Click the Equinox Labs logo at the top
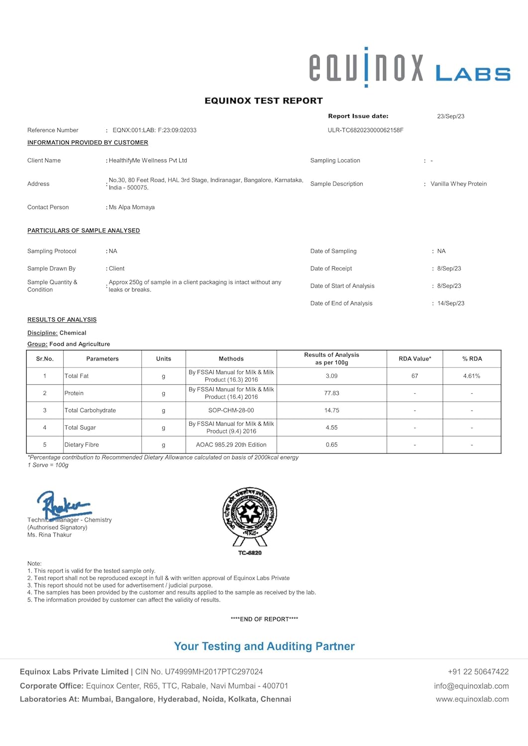click(409, 68)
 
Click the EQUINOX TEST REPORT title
click(264, 100)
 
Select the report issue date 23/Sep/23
click(450, 116)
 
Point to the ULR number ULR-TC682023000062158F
click(365, 130)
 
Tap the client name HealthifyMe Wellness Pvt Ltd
click(148, 161)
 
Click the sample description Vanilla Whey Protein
click(458, 184)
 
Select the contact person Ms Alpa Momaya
click(132, 207)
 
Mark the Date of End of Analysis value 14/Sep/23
click(450, 303)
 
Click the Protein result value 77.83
click(331, 393)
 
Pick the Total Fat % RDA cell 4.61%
click(471, 376)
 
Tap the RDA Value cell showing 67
click(415, 376)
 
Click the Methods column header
click(231, 359)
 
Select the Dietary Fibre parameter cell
click(82, 445)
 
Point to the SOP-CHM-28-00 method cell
click(231, 410)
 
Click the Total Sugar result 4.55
click(331, 428)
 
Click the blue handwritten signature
click(63, 505)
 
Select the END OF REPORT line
click(264, 619)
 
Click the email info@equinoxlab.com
click(471, 686)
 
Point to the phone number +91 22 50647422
click(478, 672)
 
